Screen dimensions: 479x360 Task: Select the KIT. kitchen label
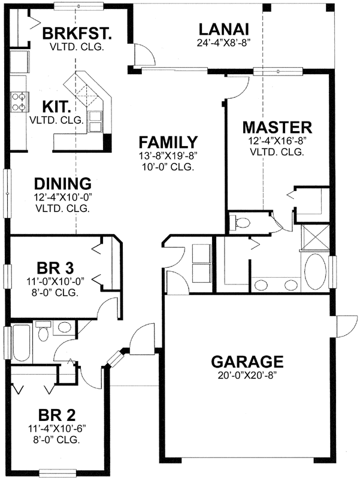pyautogui.click(x=57, y=107)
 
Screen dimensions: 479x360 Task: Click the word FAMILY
pyautogui.click(x=168, y=143)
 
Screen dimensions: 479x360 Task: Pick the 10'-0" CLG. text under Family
pyautogui.click(x=168, y=168)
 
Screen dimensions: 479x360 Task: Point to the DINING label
pyautogui.click(x=62, y=183)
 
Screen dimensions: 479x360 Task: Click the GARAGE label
pyautogui.click(x=247, y=362)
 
